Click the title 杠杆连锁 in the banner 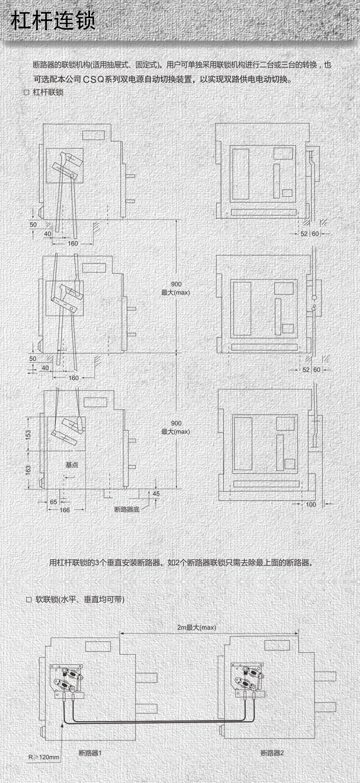pos(53,21)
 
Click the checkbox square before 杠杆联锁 pos(26,93)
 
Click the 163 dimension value pos(28,470)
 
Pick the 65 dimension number pos(54,502)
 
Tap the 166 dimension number pos(65,510)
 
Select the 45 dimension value pos(156,493)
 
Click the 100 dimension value pos(311,504)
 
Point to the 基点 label pos(72,465)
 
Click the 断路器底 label pos(127,510)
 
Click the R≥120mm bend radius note pos(44,757)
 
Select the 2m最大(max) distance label pos(197,627)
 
